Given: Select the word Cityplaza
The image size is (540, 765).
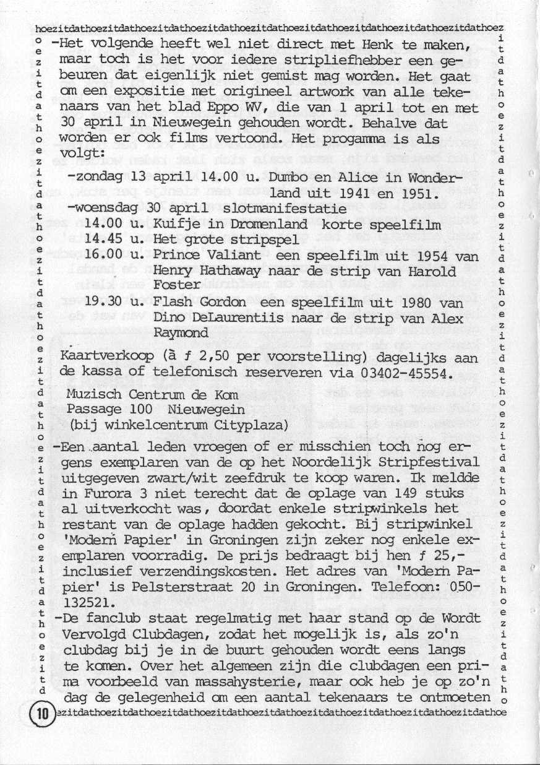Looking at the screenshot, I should [x=254, y=425].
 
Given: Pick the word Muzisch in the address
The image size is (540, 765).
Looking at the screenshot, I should [x=91, y=394].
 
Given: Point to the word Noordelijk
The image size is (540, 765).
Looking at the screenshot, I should [x=346, y=462].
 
